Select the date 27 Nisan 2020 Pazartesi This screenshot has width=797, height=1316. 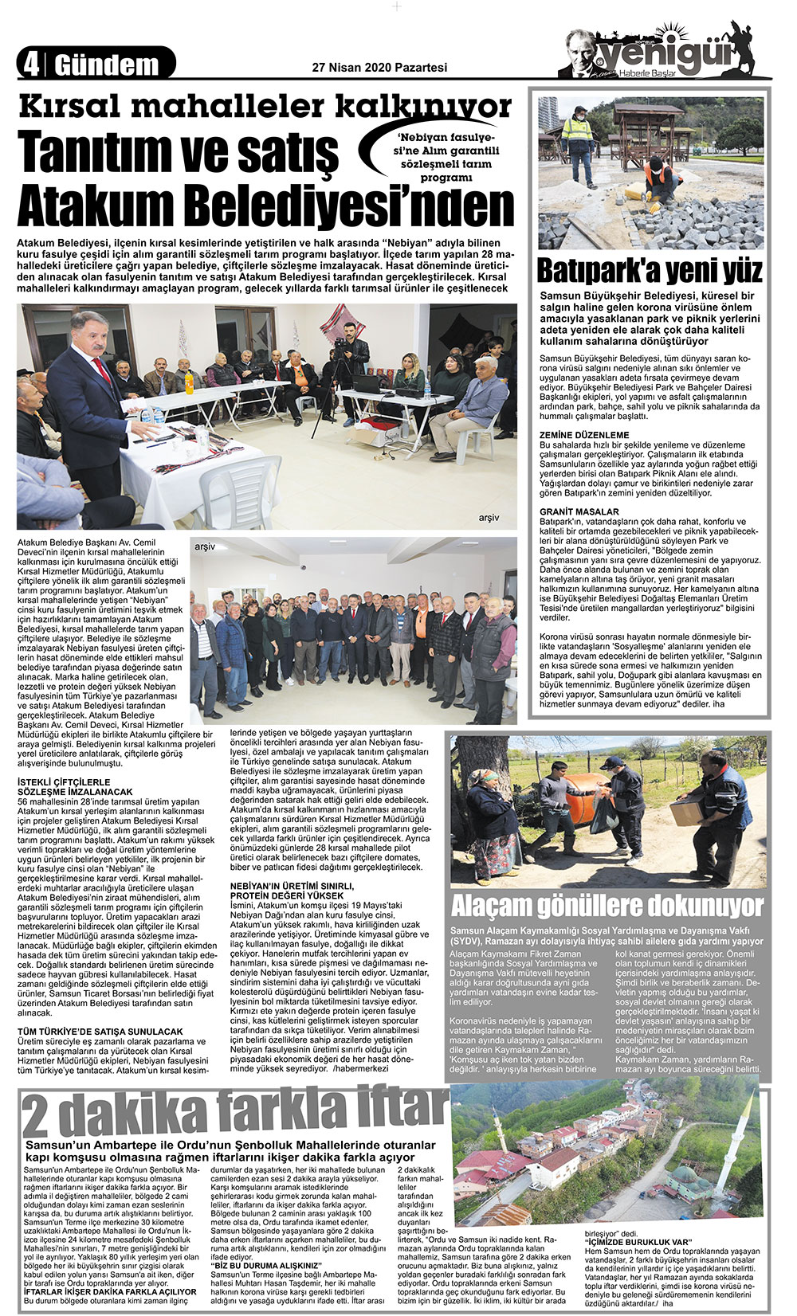pyautogui.click(x=379, y=69)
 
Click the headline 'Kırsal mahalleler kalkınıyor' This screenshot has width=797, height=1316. pyautogui.click(x=265, y=108)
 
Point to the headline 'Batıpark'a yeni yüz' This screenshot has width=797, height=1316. pyautogui.click(x=650, y=271)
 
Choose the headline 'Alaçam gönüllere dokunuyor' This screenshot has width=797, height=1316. pyautogui.click(x=607, y=906)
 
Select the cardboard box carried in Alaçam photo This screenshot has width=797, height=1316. pyautogui.click(x=685, y=812)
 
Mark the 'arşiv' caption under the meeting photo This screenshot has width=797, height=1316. pyautogui.click(x=489, y=518)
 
